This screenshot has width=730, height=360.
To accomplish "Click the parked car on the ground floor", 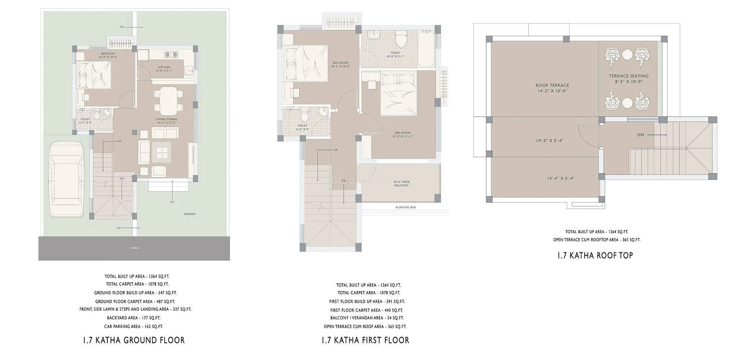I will tap(67, 180).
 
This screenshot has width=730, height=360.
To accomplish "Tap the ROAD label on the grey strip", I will tap(135, 248).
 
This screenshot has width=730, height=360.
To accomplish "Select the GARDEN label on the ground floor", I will tap(189, 214).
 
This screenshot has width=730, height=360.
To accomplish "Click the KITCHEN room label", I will tap(164, 67).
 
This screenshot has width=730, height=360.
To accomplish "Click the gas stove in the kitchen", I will tap(171, 55).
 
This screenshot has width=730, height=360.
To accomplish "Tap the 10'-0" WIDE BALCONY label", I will tap(401, 183).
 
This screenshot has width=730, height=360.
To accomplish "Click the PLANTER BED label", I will tap(406, 207).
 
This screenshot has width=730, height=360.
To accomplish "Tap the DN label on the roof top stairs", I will tap(640, 135).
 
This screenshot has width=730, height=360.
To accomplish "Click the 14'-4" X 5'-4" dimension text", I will tap(560, 178).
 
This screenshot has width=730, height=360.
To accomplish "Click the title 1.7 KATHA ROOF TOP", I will tap(595, 256).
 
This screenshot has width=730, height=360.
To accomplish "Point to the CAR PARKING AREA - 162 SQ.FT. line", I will tap(133, 327).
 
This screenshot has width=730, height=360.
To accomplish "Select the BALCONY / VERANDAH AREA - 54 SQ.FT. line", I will tap(367, 318).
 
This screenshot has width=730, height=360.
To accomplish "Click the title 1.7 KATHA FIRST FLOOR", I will tap(365, 340).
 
